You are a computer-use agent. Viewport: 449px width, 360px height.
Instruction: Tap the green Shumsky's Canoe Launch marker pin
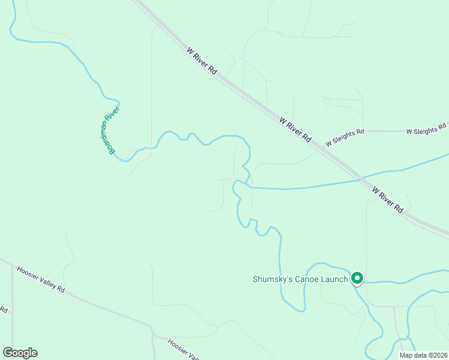[357, 278]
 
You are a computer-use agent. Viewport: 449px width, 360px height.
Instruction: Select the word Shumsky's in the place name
[271, 279]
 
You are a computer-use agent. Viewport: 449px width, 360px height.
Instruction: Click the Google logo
[20, 353]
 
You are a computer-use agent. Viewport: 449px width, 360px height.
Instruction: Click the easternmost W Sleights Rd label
[426, 130]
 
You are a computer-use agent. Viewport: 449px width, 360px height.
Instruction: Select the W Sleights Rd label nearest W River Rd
[345, 137]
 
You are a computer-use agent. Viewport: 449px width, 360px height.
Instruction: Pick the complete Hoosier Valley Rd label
[41, 279]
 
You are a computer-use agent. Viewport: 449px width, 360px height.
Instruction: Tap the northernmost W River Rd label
[202, 60]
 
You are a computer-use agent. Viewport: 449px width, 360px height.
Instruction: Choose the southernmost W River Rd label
[388, 199]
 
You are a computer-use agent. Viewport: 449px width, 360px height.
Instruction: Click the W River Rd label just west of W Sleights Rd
[295, 128]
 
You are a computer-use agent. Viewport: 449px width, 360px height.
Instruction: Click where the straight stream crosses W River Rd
[360, 178]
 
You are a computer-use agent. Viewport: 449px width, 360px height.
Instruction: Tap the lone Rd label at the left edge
[3, 310]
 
